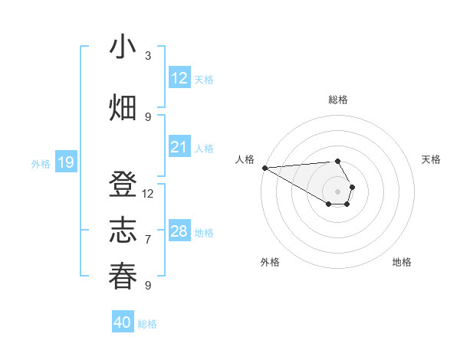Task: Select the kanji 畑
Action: tap(123, 108)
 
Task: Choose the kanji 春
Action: tap(123, 276)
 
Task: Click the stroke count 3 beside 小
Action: tap(148, 55)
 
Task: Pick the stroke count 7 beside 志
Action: tap(148, 239)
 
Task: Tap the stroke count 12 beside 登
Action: tap(148, 193)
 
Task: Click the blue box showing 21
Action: tap(179, 147)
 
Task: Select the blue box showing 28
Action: tap(179, 231)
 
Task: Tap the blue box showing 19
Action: tap(65, 162)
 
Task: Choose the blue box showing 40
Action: tap(123, 322)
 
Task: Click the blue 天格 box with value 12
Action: tap(179, 78)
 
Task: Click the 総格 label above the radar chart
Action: tap(337, 100)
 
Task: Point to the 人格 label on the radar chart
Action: tap(245, 159)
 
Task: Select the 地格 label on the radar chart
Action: tap(402, 262)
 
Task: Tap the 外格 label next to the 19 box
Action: tap(40, 163)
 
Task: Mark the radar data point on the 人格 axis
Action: tap(264, 168)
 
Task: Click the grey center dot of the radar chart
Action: tap(337, 191)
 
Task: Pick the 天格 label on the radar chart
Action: tap(431, 159)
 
